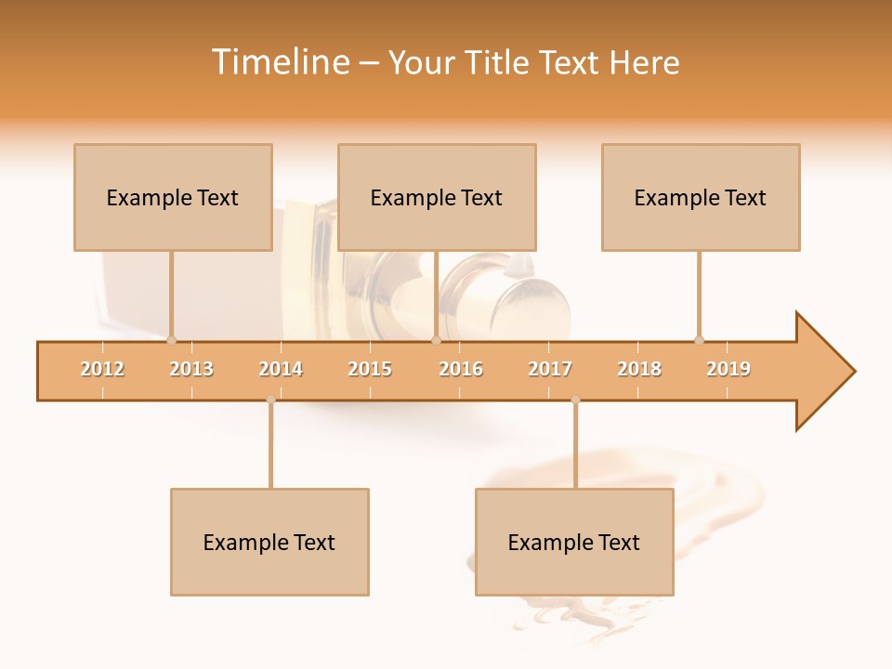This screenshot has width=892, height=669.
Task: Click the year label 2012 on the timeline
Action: coord(102,369)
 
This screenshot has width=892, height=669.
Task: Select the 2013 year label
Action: coord(191,369)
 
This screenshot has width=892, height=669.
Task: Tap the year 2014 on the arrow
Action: coord(281,369)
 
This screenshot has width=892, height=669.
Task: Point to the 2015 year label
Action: coord(370,369)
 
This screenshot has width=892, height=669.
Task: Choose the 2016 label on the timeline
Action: coord(461,369)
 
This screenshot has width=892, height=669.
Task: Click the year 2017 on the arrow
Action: coord(550,369)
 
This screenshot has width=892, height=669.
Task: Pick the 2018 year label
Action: coord(639,369)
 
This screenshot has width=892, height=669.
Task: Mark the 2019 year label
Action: coord(728,369)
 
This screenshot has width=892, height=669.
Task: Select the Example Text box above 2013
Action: coord(173,197)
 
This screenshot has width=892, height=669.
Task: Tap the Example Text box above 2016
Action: coord(437,197)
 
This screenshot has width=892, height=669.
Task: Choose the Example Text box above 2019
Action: coord(701,197)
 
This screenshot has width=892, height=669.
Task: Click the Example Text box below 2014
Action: coord(269,542)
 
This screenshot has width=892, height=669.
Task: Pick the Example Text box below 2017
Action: coord(574,542)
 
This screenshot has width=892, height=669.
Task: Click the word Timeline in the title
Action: coord(280,62)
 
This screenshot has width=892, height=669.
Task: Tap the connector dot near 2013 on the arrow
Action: coord(171,340)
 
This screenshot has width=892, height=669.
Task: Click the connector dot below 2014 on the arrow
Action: coord(270,400)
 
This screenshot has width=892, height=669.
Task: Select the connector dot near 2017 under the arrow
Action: coord(575,400)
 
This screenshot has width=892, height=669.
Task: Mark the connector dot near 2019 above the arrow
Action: coord(699,340)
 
